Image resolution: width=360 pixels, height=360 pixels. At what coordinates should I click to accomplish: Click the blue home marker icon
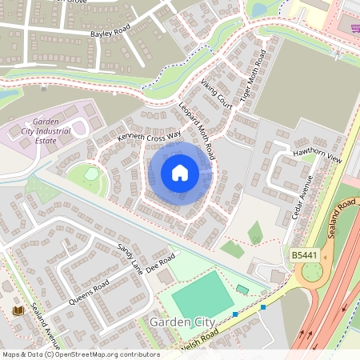coord(180,173)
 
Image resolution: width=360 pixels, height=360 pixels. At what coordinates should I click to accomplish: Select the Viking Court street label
coord(216,94)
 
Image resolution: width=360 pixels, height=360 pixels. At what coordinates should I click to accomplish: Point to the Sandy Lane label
coord(130,258)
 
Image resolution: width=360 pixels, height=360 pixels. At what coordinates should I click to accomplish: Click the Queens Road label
coord(90,293)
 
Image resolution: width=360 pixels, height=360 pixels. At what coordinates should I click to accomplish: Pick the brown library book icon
coord(18,310)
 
